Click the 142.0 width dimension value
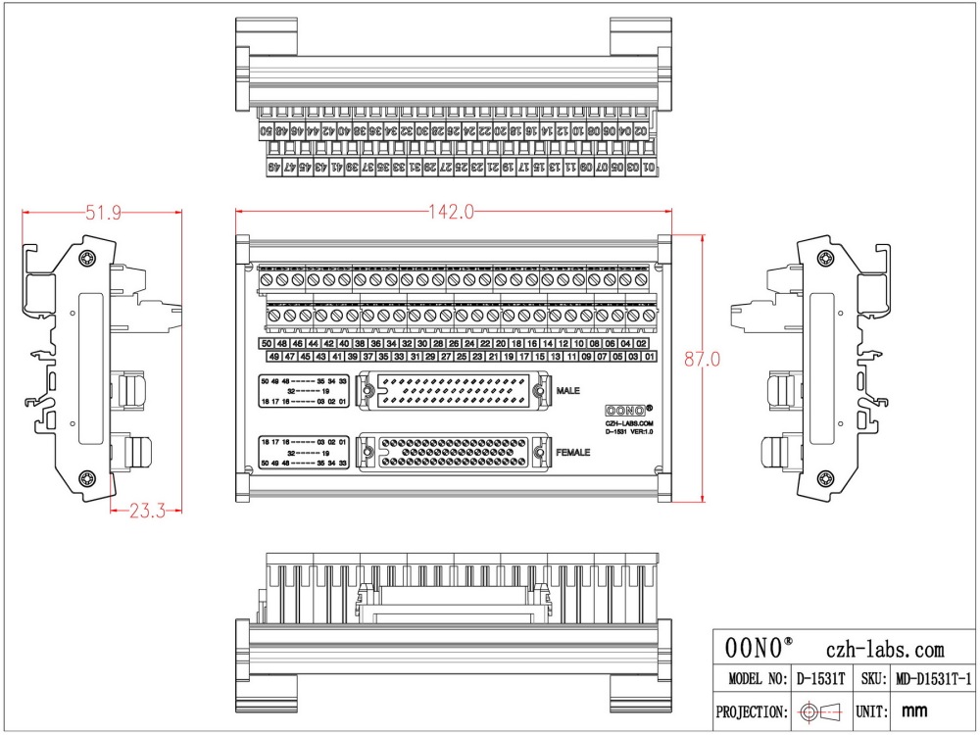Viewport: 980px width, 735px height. pos(451,212)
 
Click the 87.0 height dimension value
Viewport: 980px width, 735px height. pos(703,361)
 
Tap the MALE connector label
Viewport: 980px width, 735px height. pos(568,391)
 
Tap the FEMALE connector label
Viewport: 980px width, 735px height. pos(573,453)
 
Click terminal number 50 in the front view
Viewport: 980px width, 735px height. pos(267,344)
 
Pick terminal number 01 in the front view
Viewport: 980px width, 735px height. pos(649,358)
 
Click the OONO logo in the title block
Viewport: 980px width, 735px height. pos(759,649)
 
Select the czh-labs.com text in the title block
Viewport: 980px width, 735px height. pos(885,649)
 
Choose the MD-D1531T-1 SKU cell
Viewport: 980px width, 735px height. pos(931,678)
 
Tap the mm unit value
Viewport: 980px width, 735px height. pos(913,711)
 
